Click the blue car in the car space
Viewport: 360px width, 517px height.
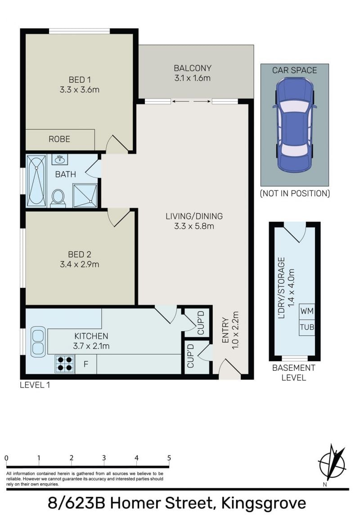click(x=294, y=125)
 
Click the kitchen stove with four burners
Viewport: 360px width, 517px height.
click(x=65, y=364)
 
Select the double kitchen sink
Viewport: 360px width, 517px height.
click(x=38, y=342)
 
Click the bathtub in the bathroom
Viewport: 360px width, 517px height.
click(x=36, y=180)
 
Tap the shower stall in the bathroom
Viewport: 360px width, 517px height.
click(x=85, y=196)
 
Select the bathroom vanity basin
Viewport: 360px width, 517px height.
click(x=60, y=159)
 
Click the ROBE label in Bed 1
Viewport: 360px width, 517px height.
click(x=59, y=139)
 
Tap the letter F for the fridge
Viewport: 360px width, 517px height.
click(x=85, y=364)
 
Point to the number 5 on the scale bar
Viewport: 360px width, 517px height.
click(x=169, y=458)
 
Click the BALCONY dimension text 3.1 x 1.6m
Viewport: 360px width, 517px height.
click(x=193, y=78)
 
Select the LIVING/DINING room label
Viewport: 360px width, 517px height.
click(x=194, y=216)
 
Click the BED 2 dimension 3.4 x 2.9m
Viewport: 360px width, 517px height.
click(x=80, y=265)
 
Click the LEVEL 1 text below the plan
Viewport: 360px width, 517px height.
click(x=35, y=385)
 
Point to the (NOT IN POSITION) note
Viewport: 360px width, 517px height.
click(x=295, y=193)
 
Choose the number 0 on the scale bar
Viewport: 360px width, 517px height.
click(x=6, y=458)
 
